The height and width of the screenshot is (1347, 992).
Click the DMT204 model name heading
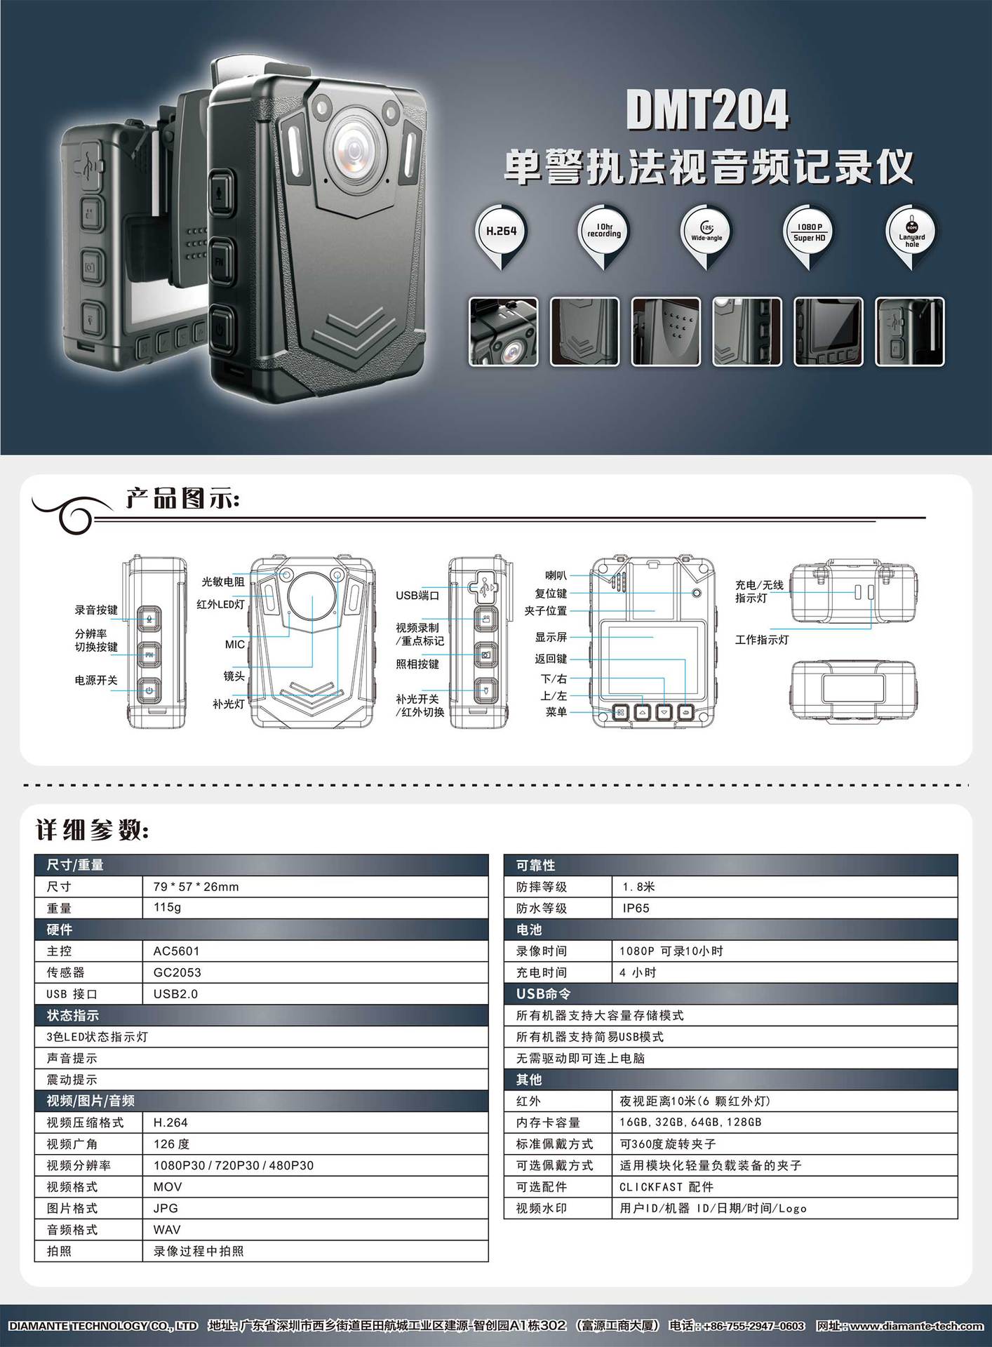pos(706,110)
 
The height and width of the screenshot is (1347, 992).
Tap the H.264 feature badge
pos(501,232)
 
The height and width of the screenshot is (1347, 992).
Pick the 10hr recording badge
pos(603,232)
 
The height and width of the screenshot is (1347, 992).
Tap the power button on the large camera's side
pos(221,326)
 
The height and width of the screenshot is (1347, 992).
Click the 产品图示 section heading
pos(182,500)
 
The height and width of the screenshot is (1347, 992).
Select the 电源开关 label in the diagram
pos(96,681)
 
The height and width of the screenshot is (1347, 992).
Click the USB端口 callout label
pos(417,596)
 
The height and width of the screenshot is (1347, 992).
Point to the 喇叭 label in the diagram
pos(556,576)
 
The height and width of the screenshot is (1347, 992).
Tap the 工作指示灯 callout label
pos(762,640)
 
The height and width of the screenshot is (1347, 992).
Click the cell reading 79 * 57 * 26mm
pos(196,887)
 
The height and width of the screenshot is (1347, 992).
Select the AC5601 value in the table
pos(176,951)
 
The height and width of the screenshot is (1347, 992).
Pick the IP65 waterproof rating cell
pos(636,909)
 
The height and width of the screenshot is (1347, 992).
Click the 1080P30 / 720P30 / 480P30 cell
pos(234,1165)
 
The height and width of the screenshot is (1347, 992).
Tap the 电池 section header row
pos(730,930)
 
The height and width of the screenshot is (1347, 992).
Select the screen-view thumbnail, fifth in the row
pos(829,332)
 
